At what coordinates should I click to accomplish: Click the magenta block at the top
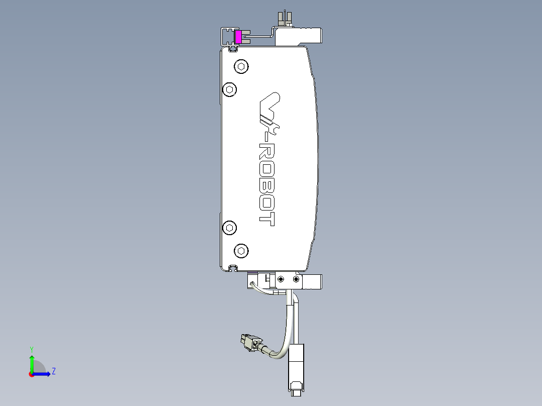pyautogui.click(x=239, y=37)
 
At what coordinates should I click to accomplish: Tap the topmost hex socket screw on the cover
pyautogui.click(x=242, y=66)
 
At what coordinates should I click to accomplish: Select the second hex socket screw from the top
pyautogui.click(x=230, y=90)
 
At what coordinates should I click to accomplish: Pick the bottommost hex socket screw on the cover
pyautogui.click(x=242, y=251)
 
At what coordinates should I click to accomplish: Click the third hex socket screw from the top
pyautogui.click(x=230, y=228)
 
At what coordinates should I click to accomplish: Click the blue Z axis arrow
pyautogui.click(x=42, y=373)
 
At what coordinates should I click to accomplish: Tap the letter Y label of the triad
pyautogui.click(x=32, y=349)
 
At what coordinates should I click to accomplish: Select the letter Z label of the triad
pyautogui.click(x=53, y=372)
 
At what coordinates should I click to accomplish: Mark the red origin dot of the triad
pyautogui.click(x=32, y=374)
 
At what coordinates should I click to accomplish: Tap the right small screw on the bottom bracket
pyautogui.click(x=296, y=279)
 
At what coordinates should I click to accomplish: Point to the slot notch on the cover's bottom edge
pyautogui.click(x=233, y=267)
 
